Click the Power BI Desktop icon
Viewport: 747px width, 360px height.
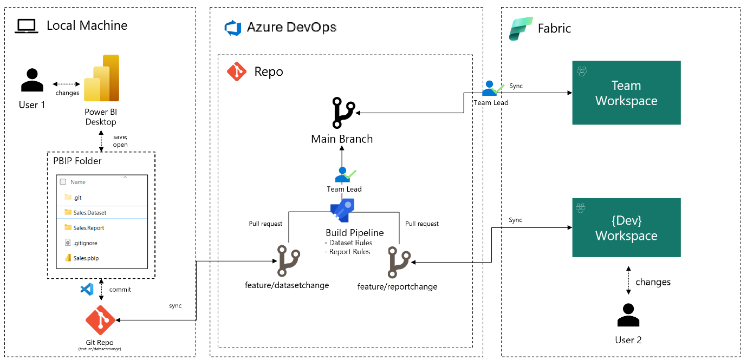point(101,78)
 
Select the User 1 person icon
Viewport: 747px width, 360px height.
point(32,80)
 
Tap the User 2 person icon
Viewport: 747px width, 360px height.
point(628,316)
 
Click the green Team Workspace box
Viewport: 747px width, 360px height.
point(626,93)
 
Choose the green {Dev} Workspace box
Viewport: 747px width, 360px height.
point(626,227)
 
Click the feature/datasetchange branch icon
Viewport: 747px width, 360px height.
point(287,261)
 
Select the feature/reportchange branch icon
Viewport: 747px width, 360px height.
point(399,263)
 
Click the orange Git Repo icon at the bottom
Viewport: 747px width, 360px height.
point(101,320)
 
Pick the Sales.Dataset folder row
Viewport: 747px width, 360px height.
point(89,213)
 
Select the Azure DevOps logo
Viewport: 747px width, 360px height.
point(233,28)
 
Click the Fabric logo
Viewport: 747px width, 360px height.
point(521,28)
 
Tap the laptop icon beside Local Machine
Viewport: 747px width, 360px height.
point(25,26)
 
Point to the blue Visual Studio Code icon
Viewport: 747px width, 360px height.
point(87,289)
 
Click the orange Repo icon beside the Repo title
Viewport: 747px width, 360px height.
point(237,71)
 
